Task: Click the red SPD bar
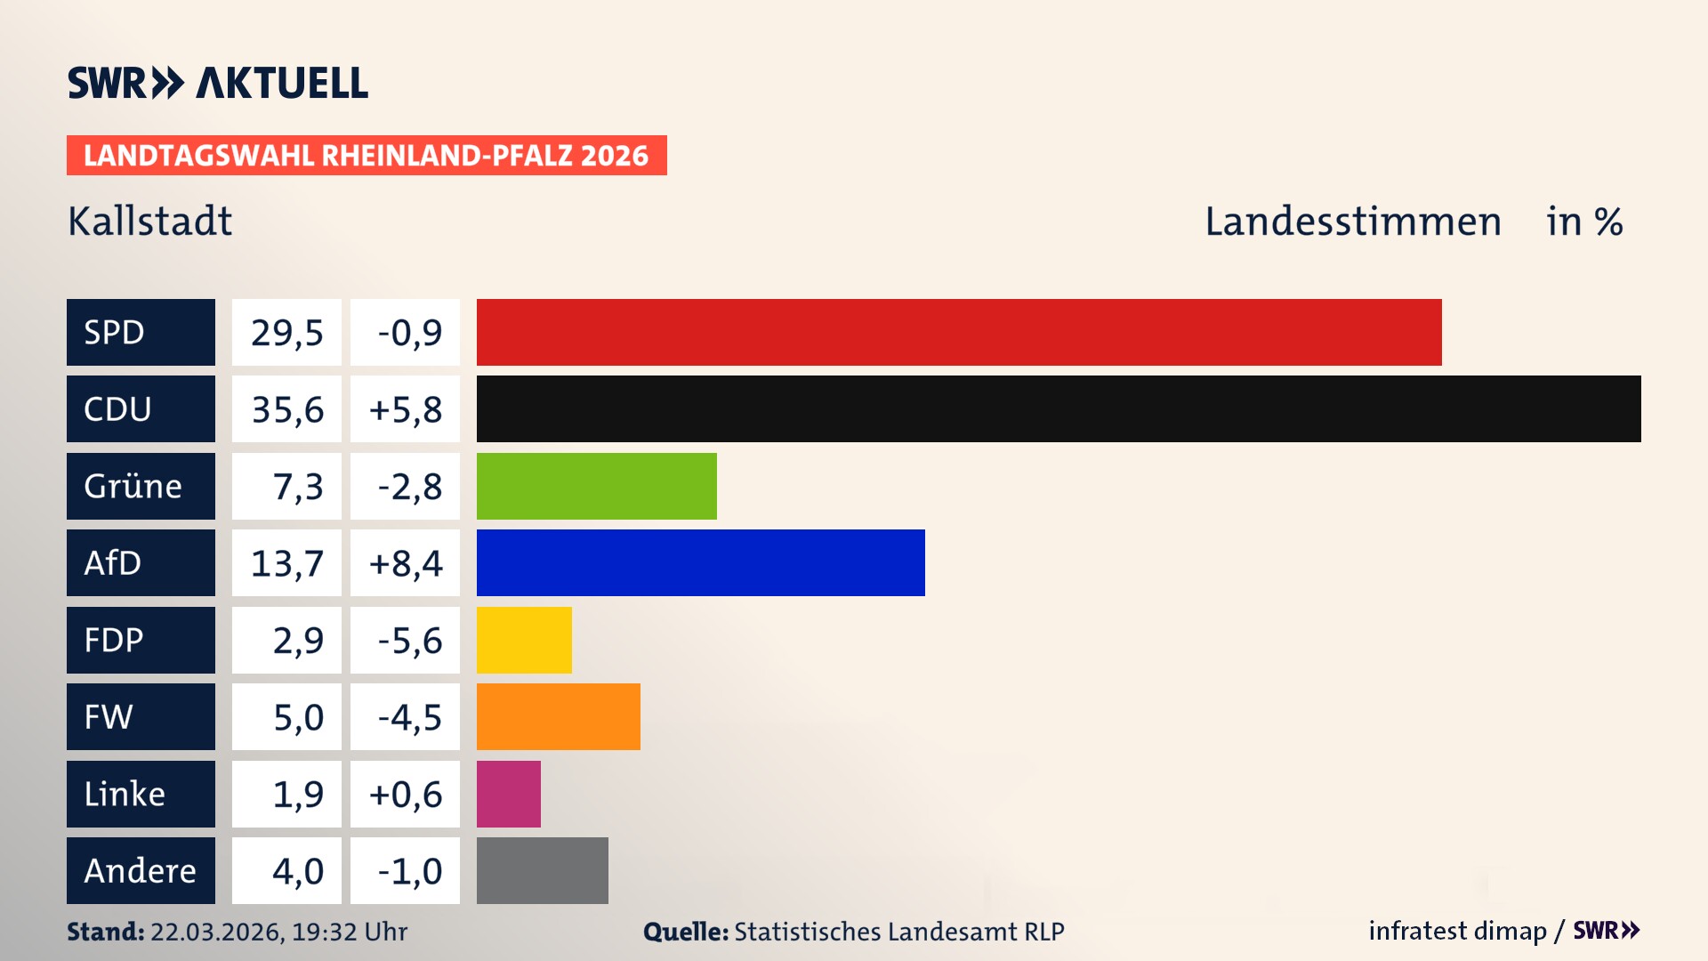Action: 959,332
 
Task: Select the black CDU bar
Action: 1059,409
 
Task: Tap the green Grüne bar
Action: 596,486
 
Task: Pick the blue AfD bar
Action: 700,562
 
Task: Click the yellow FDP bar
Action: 524,640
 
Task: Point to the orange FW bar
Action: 558,716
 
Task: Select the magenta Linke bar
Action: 508,794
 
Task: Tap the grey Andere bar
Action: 542,870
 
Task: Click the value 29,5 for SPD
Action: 286,333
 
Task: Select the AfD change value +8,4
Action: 405,563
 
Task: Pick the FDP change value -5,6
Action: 408,641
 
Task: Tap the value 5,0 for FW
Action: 297,717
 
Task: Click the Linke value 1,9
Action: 297,794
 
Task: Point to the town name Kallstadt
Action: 149,222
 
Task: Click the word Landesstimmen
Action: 1352,222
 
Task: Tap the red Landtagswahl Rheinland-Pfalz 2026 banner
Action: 367,156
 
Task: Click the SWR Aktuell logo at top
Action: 218,83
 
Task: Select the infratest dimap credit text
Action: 1456,931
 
